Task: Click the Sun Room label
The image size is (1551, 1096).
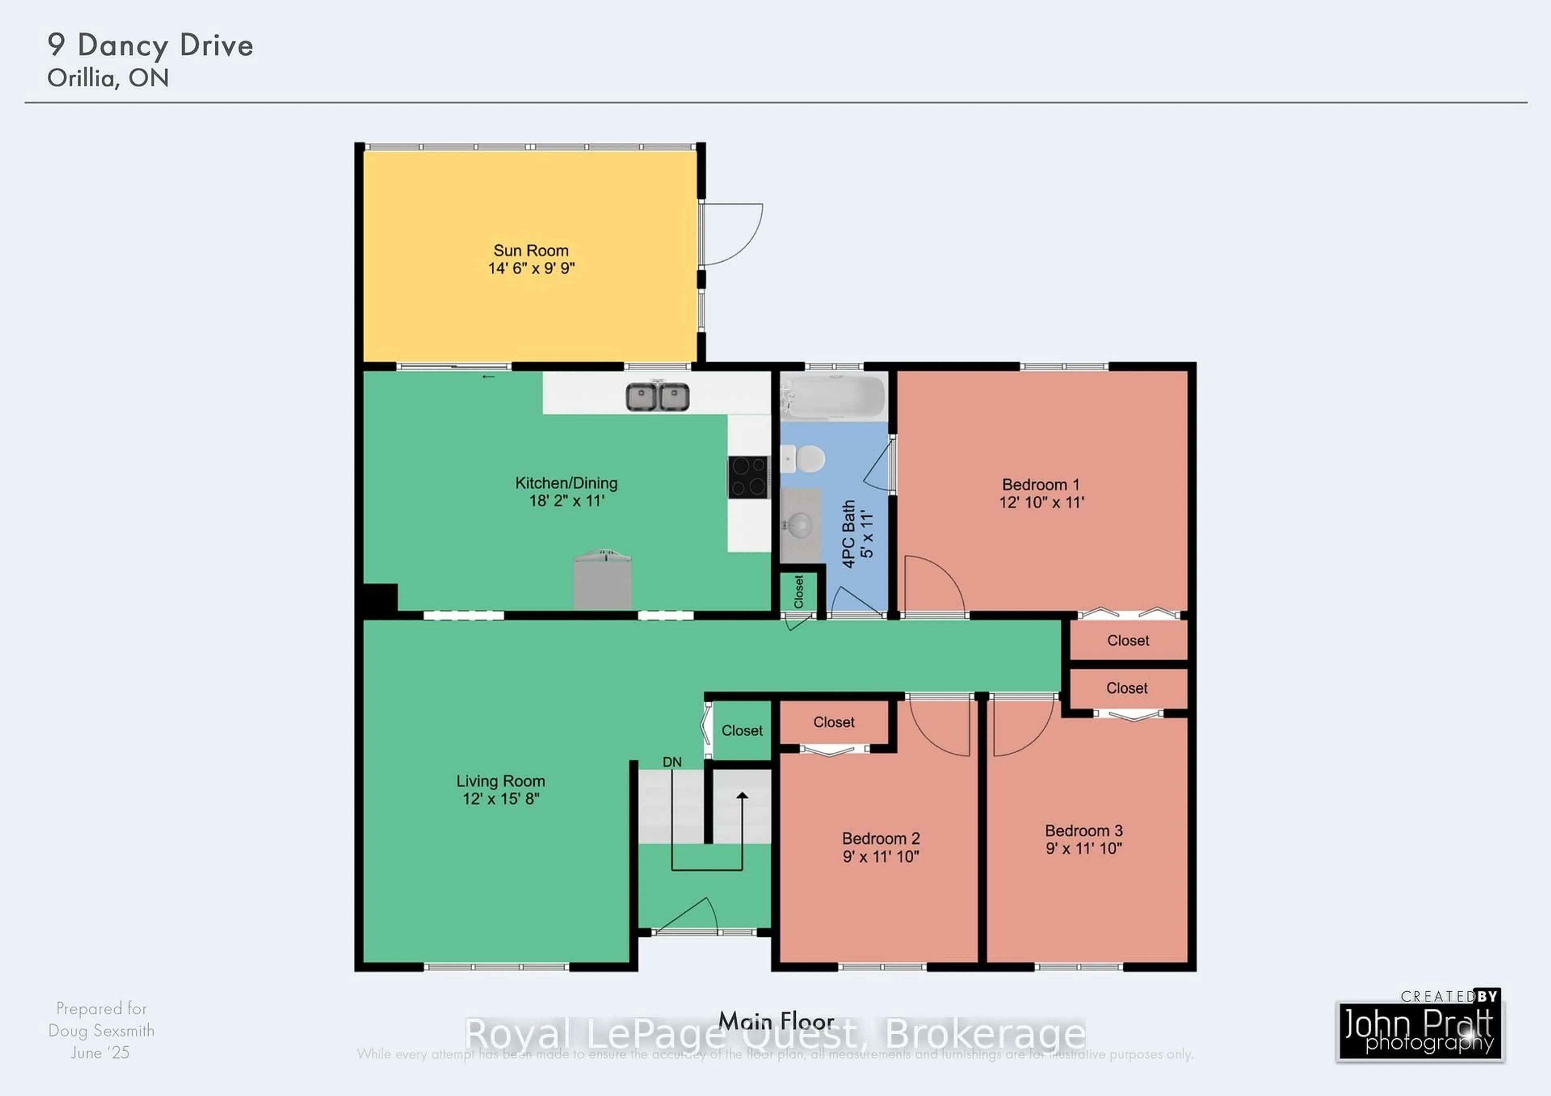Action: pyautogui.click(x=531, y=250)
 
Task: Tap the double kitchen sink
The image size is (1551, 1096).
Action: pyautogui.click(x=657, y=397)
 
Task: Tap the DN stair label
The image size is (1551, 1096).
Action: pyautogui.click(x=671, y=762)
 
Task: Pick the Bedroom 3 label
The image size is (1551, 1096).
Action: pyautogui.click(x=1084, y=831)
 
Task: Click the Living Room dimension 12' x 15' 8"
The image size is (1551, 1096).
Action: pyautogui.click(x=500, y=799)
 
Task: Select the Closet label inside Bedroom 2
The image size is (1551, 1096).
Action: pyautogui.click(x=834, y=722)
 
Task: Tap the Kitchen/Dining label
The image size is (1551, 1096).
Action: pyautogui.click(x=566, y=483)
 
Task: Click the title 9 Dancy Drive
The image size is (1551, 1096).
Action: pyautogui.click(x=150, y=45)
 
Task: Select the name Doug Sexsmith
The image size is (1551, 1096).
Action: pyautogui.click(x=101, y=1031)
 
